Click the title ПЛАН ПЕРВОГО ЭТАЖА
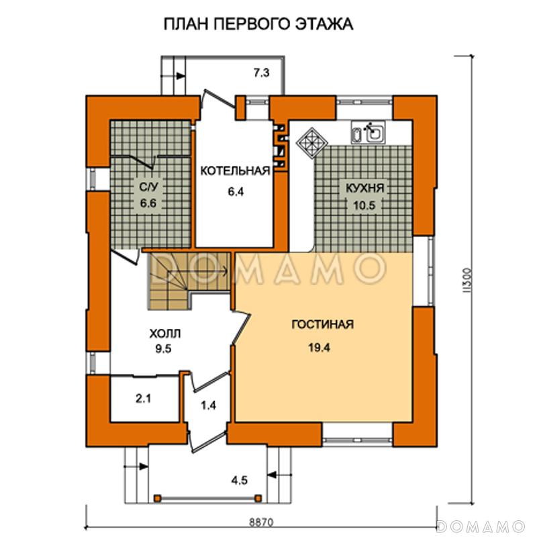258,26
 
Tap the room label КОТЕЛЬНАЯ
234,171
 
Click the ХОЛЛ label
164,333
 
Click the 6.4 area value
234,191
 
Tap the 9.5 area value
164,348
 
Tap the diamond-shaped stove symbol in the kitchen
311,142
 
